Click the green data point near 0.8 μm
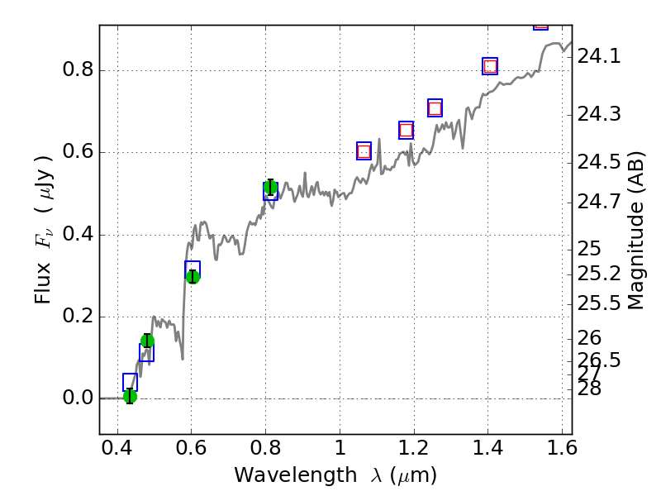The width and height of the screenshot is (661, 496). (270, 188)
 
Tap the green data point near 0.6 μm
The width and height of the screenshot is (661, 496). (193, 276)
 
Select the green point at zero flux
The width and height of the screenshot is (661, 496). (130, 396)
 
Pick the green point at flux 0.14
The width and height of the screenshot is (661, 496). (147, 341)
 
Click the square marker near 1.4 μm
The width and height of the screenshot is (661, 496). (490, 66)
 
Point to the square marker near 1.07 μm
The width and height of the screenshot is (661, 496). (364, 150)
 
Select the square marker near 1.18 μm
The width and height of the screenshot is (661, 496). (406, 130)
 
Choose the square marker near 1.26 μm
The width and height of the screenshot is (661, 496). (435, 108)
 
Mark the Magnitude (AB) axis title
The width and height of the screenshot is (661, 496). (636, 230)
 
